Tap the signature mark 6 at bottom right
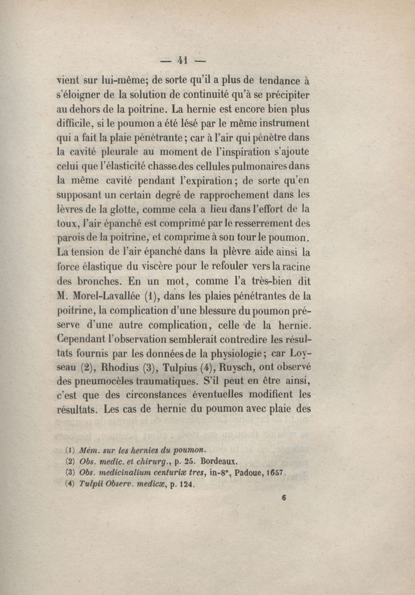pyautogui.click(x=284, y=495)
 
